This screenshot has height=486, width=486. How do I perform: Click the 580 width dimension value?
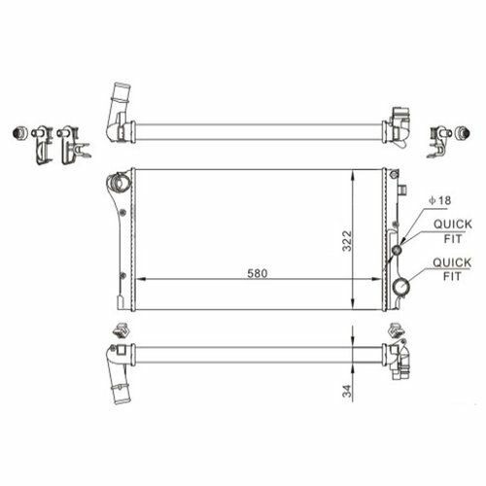point(258,273)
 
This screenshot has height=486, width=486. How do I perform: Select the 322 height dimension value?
point(347,241)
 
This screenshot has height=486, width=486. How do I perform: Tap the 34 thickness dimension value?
point(347,391)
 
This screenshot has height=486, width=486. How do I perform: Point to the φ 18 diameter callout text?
point(440,200)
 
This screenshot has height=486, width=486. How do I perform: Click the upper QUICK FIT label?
point(453,231)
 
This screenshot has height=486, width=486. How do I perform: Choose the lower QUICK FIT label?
point(452,269)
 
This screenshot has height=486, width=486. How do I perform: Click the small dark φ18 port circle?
point(397,250)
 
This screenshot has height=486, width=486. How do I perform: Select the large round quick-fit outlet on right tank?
point(401,287)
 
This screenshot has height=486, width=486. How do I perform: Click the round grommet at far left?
point(18,132)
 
